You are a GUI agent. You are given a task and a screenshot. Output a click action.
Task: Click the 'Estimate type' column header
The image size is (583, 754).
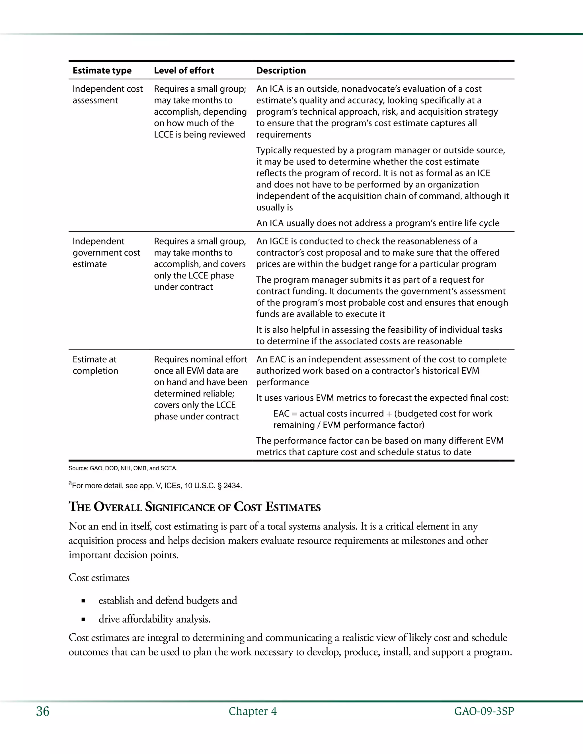click(x=102, y=71)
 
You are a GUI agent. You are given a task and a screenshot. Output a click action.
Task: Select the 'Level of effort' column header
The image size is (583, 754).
click(x=184, y=71)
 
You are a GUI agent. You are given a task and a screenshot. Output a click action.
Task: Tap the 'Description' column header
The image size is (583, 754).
click(x=281, y=71)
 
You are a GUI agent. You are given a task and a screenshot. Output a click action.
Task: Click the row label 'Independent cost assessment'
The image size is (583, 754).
click(x=107, y=94)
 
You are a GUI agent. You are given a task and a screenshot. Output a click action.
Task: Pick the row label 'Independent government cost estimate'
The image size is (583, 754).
click(x=106, y=252)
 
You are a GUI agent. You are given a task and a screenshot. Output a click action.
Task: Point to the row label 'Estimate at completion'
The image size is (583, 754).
click(x=95, y=365)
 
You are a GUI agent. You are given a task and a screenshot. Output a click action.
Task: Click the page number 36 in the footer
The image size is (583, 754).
click(x=42, y=711)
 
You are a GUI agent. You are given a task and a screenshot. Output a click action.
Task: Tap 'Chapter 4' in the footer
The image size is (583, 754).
click(x=253, y=711)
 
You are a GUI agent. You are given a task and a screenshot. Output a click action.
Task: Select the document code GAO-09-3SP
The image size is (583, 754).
click(x=484, y=711)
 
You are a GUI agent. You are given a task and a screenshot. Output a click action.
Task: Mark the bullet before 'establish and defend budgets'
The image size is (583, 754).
click(x=83, y=601)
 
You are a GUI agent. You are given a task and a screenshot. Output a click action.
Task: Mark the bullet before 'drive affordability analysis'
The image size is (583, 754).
click(x=83, y=620)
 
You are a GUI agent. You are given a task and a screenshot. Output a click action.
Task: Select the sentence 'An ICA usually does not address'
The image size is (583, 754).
click(x=377, y=223)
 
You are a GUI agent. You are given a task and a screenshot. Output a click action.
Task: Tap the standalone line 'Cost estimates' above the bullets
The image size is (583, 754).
click(x=99, y=578)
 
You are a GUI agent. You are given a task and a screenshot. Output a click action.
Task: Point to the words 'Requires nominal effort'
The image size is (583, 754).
click(x=200, y=359)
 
